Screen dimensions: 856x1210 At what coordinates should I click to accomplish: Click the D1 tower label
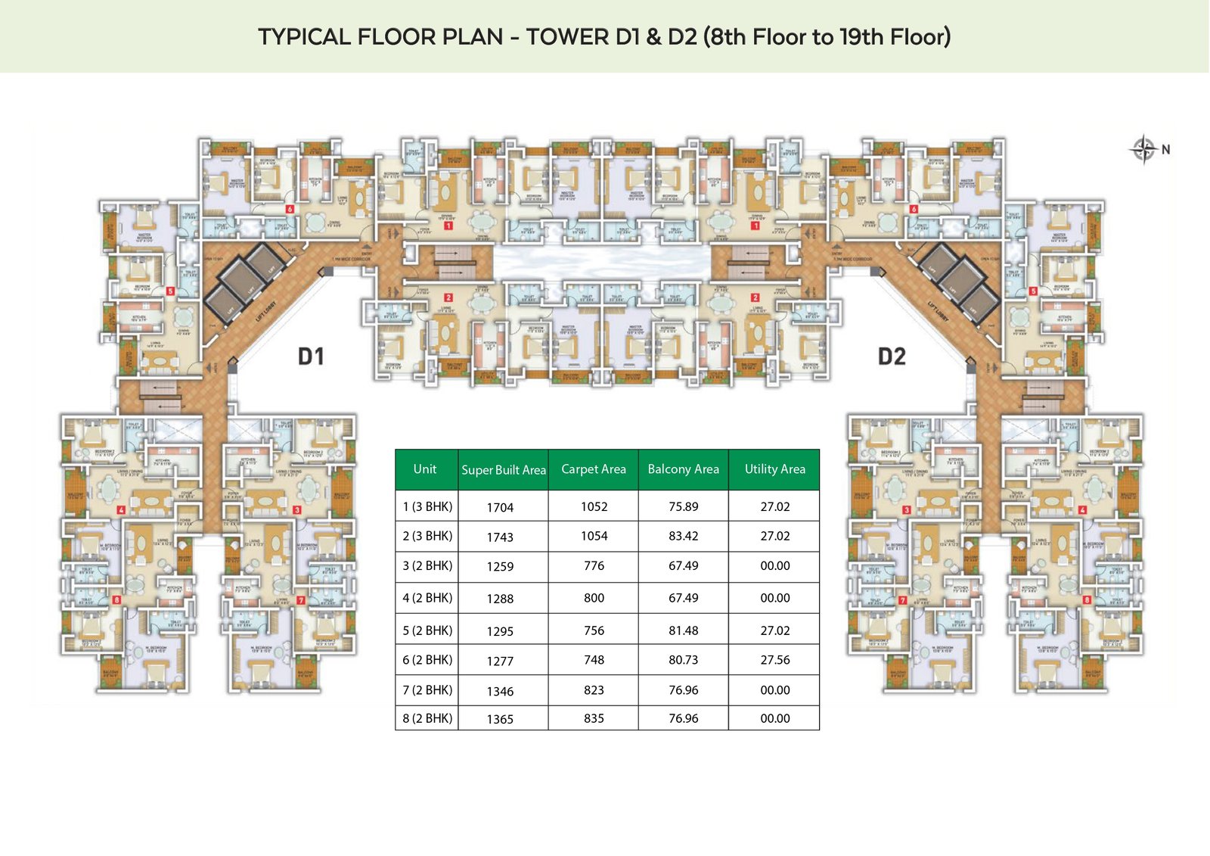pyautogui.click(x=311, y=356)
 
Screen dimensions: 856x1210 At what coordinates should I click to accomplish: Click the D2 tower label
pyautogui.click(x=892, y=356)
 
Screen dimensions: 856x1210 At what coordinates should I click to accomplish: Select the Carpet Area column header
pyautogui.click(x=594, y=469)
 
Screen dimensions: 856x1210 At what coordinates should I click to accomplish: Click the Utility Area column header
pyautogui.click(x=774, y=469)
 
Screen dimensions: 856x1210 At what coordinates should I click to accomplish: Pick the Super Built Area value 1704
pyautogui.click(x=500, y=508)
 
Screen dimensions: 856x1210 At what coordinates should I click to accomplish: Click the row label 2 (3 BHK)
pyautogui.click(x=427, y=536)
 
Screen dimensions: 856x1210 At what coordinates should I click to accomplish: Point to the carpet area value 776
pyautogui.click(x=594, y=566)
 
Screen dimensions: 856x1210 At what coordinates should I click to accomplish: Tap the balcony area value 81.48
pyautogui.click(x=683, y=630)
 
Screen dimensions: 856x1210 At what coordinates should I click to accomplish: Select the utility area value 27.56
pyautogui.click(x=774, y=660)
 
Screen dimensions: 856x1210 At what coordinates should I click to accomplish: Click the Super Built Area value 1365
pyautogui.click(x=500, y=720)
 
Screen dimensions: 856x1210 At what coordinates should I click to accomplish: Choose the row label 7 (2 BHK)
pyautogui.click(x=427, y=690)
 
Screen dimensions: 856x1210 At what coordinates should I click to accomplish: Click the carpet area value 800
pyautogui.click(x=594, y=598)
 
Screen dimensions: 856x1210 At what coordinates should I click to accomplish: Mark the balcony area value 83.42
pyautogui.click(x=683, y=536)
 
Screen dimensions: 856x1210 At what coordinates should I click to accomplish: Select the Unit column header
pyautogui.click(x=425, y=469)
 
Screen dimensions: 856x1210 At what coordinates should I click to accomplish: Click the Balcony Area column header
pyautogui.click(x=683, y=469)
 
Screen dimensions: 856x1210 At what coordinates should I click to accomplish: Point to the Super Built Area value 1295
pyautogui.click(x=500, y=631)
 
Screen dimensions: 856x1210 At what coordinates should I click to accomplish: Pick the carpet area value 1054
pyautogui.click(x=594, y=536)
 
